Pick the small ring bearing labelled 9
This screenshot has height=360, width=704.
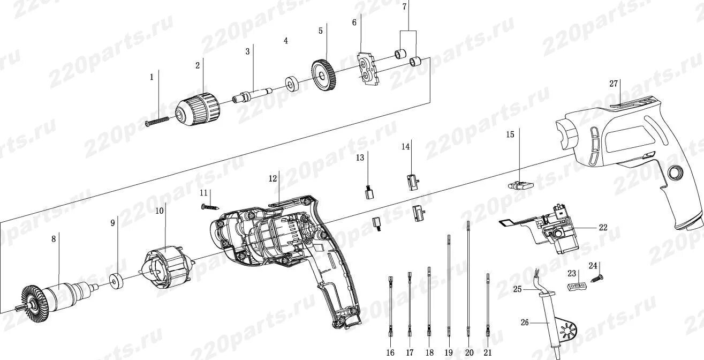115,281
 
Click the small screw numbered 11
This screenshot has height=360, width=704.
210,206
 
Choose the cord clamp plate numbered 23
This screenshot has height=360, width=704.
576,286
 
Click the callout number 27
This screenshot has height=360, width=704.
614,84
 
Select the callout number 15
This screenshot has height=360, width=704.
510,134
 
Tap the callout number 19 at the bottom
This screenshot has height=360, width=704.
449,352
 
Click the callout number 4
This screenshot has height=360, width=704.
286,41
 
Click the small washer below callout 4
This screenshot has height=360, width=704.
292,85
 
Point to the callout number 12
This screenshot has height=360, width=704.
273,178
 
